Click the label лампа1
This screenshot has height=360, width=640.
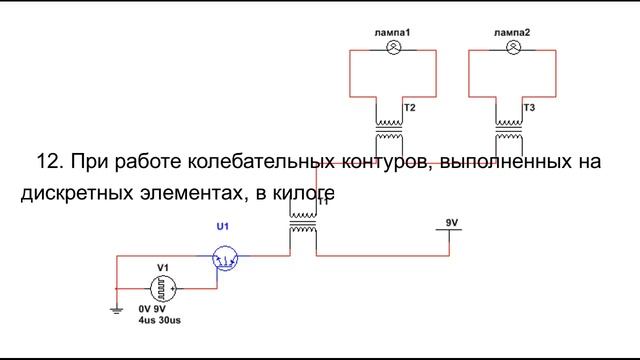(x=393, y=34)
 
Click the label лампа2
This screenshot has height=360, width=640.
(x=513, y=34)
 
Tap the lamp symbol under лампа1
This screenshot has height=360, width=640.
(x=393, y=47)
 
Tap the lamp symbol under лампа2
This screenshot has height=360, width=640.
(x=513, y=47)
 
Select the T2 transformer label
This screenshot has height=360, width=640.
(x=409, y=107)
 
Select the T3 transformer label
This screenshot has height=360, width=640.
(x=529, y=107)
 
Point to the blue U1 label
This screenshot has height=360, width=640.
(x=223, y=229)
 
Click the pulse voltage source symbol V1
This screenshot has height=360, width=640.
(x=164, y=288)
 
